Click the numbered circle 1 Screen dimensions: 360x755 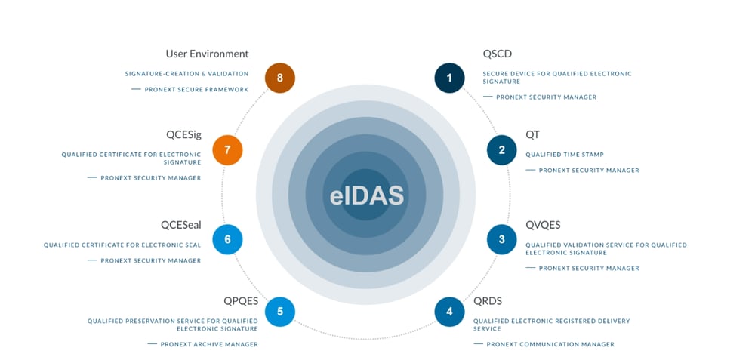pos(449,78)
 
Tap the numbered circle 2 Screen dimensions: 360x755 pos(502,149)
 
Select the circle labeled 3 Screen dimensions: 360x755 pos(502,240)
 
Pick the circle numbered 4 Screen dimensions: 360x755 pos(450,311)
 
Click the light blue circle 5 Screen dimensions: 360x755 pos(280,311)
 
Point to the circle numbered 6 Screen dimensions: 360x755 pos(227,240)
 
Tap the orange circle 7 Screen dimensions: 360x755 pos(227,149)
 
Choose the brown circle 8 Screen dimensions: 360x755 pos(280,78)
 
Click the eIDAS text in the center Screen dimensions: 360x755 pos(367,195)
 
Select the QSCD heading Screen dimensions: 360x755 pos(498,54)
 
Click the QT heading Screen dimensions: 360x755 pos(533,135)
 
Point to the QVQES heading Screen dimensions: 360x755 pos(543,225)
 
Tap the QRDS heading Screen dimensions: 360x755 pos(488,301)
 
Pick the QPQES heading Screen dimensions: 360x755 pos(241,301)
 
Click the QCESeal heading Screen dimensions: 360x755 pos(180,225)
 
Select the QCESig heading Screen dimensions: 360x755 pos(183,135)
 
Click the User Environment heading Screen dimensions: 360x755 pos(207,54)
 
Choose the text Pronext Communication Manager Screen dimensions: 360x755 pos(550,344)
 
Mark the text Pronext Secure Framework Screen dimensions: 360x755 pos(196,89)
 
